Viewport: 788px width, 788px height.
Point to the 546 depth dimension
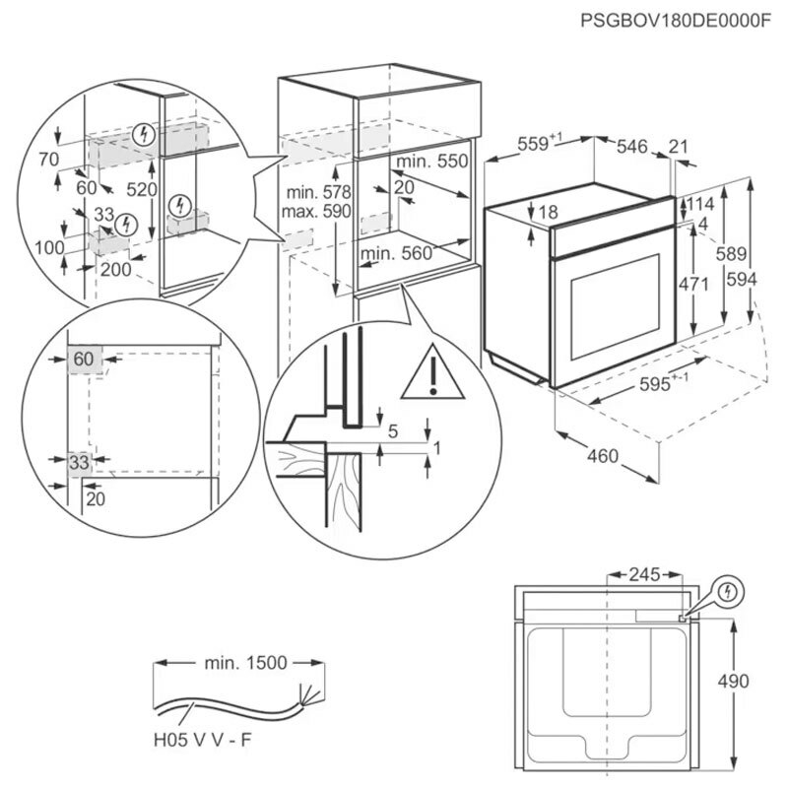(631, 147)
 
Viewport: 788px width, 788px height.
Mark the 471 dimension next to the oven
(694, 285)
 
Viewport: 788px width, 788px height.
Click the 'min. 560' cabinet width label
(396, 253)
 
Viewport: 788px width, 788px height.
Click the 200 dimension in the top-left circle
(116, 269)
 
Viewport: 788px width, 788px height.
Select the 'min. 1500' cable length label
(247, 663)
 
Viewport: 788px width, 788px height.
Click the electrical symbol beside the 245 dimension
(728, 591)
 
